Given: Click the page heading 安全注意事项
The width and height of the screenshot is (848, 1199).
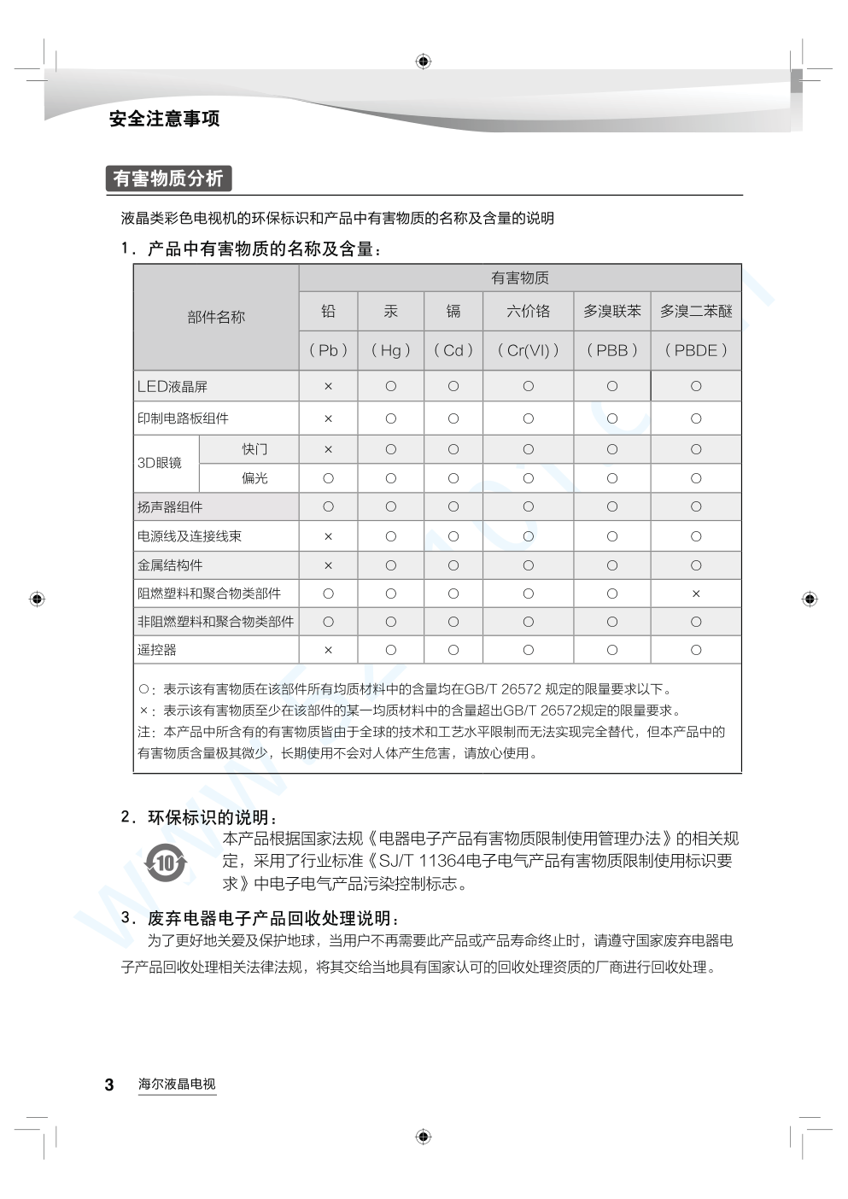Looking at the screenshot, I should [x=164, y=119].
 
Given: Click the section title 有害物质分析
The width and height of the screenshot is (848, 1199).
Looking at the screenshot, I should [x=168, y=178].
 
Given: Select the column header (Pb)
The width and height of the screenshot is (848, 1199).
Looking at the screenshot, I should [x=328, y=350].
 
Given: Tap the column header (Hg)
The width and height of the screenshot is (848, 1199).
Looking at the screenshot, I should [x=390, y=350].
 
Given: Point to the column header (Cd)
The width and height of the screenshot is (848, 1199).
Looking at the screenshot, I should [x=453, y=350].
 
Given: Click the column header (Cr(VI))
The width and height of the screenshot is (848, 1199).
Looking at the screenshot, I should [x=528, y=350].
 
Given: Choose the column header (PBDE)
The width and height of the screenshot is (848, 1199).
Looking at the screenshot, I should [x=696, y=350].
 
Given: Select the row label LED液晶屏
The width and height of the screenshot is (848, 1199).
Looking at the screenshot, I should [x=173, y=387].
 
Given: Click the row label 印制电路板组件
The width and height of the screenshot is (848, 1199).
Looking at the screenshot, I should [x=184, y=418].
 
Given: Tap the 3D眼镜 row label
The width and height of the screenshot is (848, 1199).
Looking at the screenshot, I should [x=160, y=463].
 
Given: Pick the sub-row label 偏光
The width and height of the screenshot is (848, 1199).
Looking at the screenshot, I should [x=254, y=478].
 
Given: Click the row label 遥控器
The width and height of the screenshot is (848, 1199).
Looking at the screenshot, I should [x=157, y=650].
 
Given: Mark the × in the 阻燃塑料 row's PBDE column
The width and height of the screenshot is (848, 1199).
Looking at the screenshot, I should [x=696, y=594].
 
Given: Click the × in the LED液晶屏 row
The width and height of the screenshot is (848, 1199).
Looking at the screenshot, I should [x=328, y=387].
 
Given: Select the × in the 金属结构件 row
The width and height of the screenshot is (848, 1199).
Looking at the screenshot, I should [x=328, y=565].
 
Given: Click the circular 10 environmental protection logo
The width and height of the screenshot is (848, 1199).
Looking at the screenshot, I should [x=166, y=863].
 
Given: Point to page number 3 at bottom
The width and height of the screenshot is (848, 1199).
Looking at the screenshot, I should [x=109, y=1085].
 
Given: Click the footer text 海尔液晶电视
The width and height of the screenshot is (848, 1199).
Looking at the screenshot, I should [x=177, y=1085].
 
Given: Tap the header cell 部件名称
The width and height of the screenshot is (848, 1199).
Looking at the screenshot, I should [x=216, y=317].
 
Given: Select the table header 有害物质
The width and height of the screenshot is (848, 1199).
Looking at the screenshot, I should [x=519, y=278].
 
